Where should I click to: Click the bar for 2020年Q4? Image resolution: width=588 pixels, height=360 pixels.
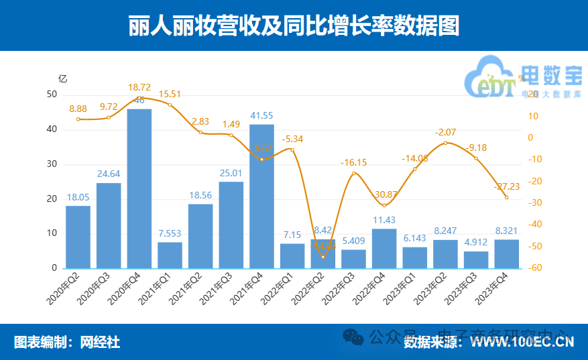139,188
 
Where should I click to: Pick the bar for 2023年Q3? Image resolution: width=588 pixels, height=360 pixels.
476,259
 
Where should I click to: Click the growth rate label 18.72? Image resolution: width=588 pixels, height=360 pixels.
139,87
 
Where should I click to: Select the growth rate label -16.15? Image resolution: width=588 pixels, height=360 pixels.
353,162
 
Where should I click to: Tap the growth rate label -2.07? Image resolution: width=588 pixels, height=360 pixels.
445,132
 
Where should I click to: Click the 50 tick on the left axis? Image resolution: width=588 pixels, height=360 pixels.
52,95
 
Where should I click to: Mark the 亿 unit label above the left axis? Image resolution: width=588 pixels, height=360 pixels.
62,78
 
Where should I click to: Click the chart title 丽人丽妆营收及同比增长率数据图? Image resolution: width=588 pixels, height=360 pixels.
294,25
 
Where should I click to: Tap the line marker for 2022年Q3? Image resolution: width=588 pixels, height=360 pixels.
353,174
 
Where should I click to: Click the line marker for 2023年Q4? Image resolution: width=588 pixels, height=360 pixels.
506,197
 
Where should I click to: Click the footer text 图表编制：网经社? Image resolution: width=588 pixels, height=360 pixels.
67,342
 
